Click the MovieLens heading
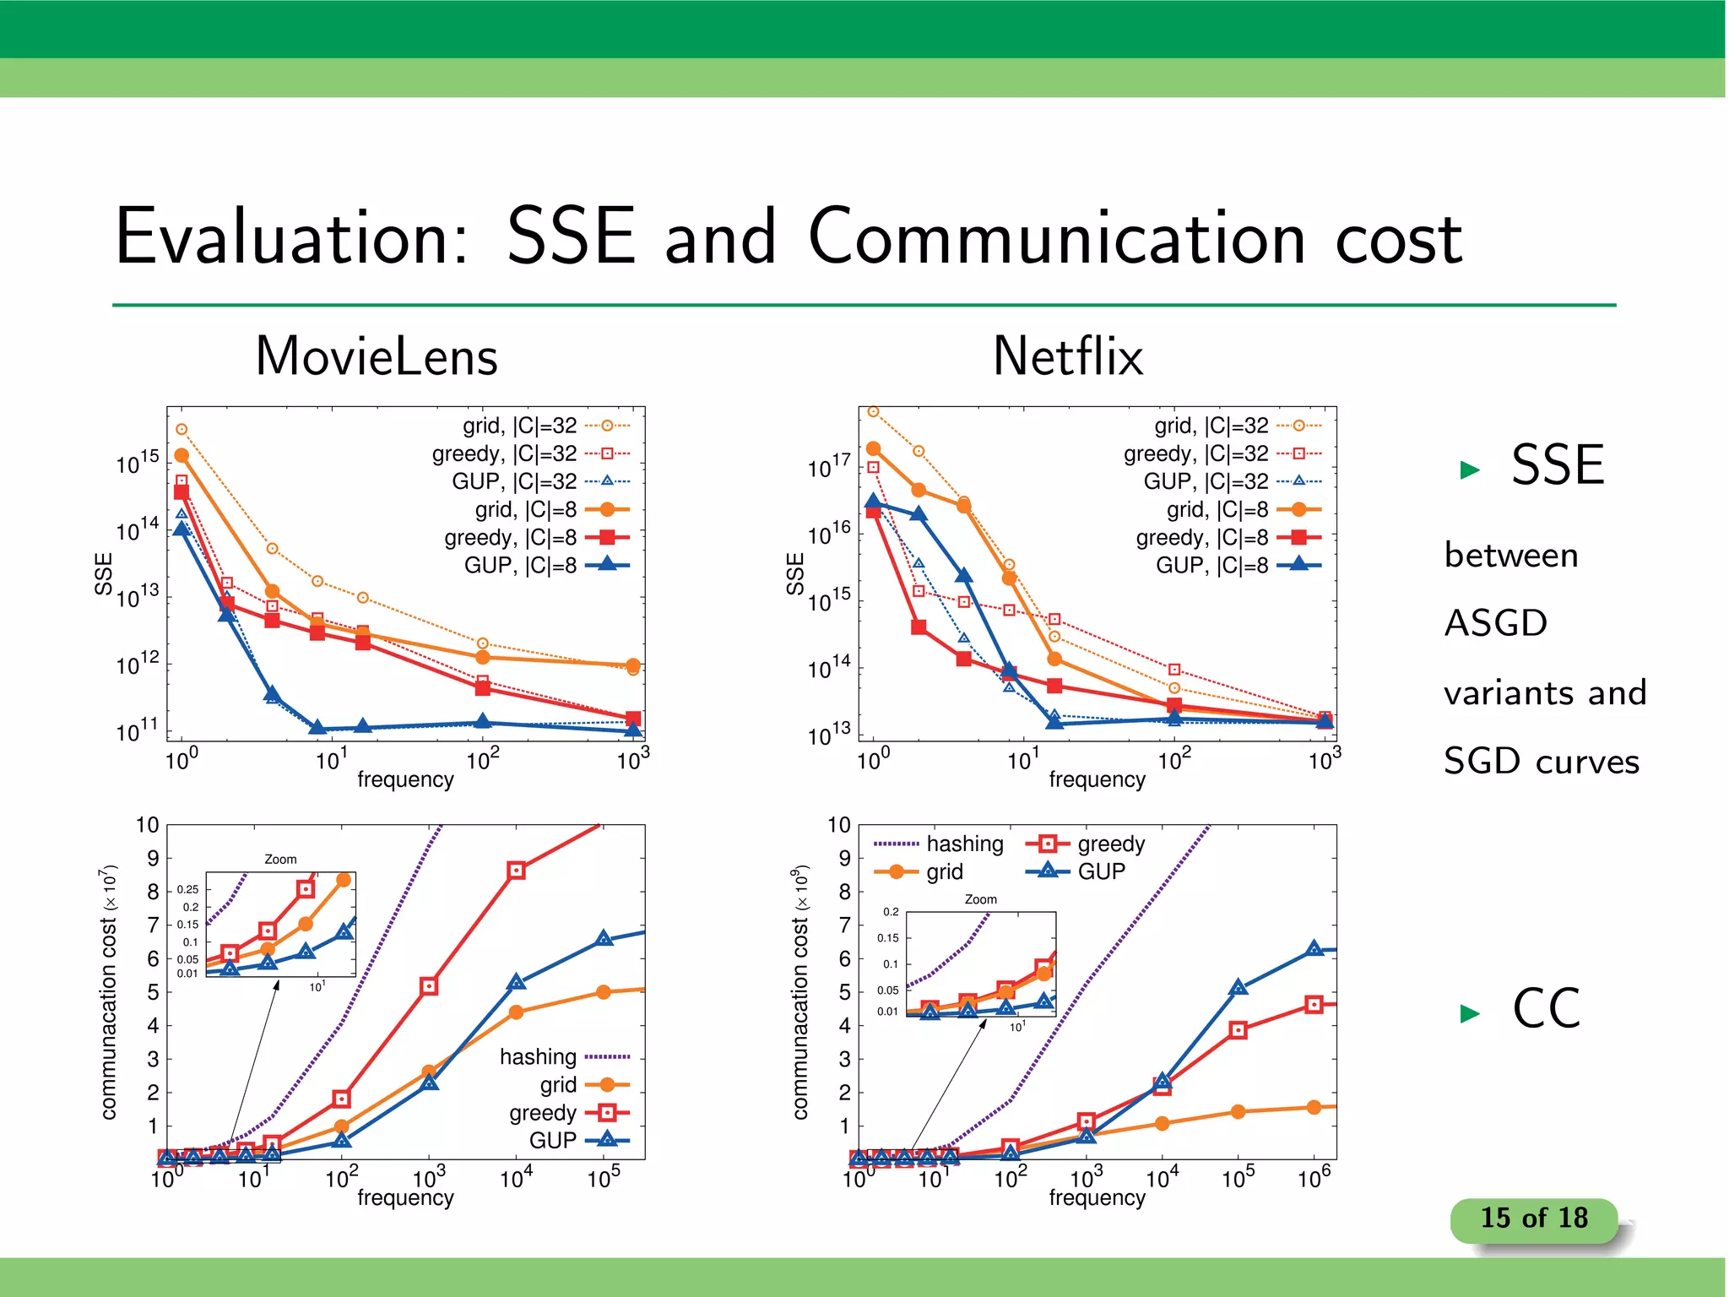click(377, 356)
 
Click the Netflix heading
click(1068, 356)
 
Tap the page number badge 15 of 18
click(1533, 1218)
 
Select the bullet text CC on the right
click(1546, 1008)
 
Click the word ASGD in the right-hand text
click(1495, 623)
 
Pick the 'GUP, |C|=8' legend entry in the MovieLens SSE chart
click(520, 565)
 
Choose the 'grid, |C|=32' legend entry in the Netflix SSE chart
click(1211, 426)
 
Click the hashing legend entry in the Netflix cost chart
click(964, 844)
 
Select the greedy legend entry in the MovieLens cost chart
click(543, 1113)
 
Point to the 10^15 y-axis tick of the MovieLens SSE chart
click(137, 463)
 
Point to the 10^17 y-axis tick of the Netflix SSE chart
click(829, 466)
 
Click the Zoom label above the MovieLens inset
click(280, 860)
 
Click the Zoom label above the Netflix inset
click(980, 899)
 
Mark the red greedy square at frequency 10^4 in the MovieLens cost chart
click(517, 871)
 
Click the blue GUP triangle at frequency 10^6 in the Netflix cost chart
click(1314, 949)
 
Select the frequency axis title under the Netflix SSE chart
click(1097, 779)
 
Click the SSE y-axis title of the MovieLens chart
click(103, 573)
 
